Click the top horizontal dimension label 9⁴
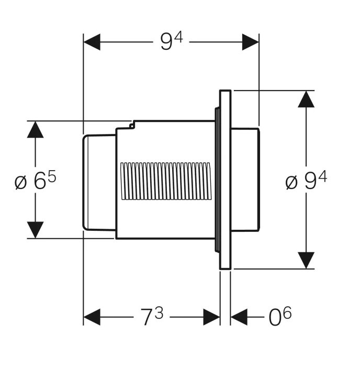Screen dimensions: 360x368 coord(172,41)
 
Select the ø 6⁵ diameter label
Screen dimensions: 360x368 coord(36,180)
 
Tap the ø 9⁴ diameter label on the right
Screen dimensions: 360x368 coord(306,180)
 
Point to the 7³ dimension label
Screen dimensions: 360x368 coord(152,316)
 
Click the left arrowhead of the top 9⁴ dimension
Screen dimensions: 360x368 coord(92,42)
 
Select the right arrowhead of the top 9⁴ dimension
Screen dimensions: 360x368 coord(251,42)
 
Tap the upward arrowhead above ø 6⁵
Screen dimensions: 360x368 coord(35,129)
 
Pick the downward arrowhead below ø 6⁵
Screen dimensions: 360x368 coord(35,230)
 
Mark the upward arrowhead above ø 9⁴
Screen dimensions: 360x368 coord(306,99)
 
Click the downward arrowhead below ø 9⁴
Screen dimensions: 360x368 coord(306,260)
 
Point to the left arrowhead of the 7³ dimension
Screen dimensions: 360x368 coord(92,317)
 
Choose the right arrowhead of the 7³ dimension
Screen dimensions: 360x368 coord(211,317)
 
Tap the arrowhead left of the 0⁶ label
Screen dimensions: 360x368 coord(239,317)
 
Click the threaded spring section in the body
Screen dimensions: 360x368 coord(165,181)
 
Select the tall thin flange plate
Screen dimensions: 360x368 coord(225,180)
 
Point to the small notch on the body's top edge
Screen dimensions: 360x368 coord(132,125)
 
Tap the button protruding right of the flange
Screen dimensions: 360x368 coord(245,180)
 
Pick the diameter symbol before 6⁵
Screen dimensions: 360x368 coord(20,183)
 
